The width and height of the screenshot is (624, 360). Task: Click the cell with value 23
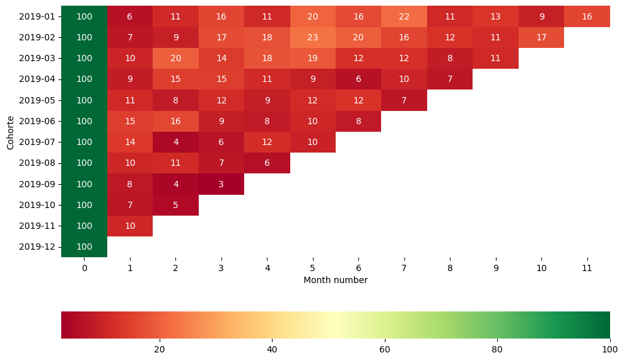312,37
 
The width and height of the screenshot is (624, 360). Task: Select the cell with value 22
404,16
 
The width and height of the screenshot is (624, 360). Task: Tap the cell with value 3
221,184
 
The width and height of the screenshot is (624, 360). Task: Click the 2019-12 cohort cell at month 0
84,247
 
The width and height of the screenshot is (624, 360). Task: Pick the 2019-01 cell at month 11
587,16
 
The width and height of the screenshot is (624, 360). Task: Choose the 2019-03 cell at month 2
175,58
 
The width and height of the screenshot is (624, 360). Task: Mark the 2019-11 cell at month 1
130,226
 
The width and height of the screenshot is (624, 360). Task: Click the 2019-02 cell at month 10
541,37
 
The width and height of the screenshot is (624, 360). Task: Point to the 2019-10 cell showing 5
175,205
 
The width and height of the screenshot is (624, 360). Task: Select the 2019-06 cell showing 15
130,121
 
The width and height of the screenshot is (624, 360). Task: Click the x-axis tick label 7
404,268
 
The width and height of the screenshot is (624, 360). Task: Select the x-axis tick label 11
587,268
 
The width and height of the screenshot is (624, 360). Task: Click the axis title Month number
335,280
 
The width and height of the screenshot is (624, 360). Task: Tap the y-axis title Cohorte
10,132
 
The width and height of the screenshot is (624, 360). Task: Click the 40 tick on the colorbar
272,350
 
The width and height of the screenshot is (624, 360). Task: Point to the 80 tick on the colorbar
497,350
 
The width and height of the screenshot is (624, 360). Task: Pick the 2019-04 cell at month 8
450,79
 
